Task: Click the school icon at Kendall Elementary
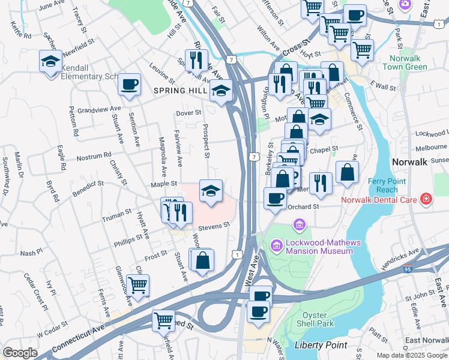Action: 50,61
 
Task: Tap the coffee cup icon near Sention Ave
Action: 129,84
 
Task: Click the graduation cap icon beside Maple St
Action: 210,191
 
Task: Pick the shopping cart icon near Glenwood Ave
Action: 137,285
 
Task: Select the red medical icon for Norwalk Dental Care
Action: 426,198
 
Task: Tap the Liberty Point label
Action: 321,345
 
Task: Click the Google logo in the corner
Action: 20,353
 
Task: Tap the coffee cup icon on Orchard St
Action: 275,197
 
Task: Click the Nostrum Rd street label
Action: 94,157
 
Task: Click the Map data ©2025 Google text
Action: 411,355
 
